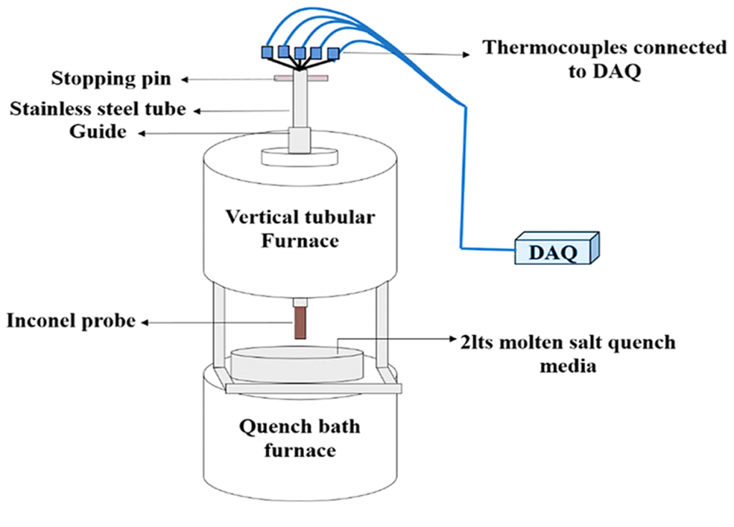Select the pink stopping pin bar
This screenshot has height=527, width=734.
pyautogui.click(x=301, y=77)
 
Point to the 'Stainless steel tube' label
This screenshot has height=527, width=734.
pyautogui.click(x=97, y=110)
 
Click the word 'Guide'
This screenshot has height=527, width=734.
pyautogui.click(x=97, y=132)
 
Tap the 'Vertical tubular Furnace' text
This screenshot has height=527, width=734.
pyautogui.click(x=300, y=228)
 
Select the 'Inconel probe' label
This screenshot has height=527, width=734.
pyautogui.click(x=71, y=321)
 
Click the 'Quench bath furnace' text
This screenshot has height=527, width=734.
pyautogui.click(x=300, y=438)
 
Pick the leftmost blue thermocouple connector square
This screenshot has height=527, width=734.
pyautogui.click(x=267, y=52)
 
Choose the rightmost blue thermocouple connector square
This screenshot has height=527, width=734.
pyautogui.click(x=333, y=52)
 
